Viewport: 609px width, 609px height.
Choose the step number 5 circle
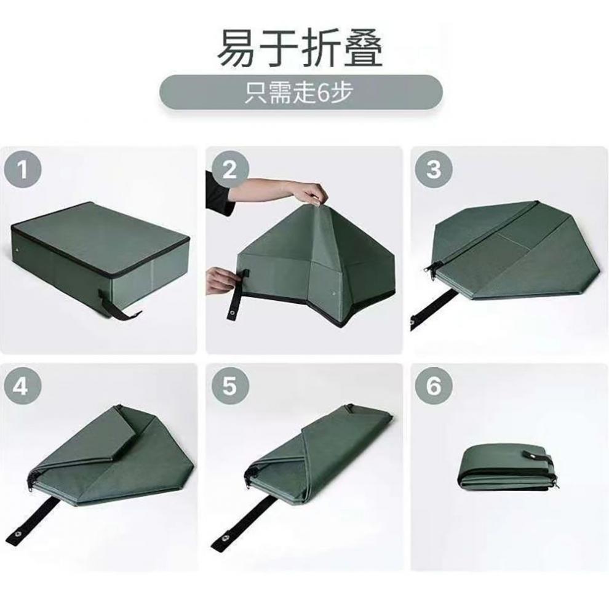(229, 386)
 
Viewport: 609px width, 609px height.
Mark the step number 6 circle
(434, 386)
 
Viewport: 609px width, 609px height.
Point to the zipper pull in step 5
(249, 474)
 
